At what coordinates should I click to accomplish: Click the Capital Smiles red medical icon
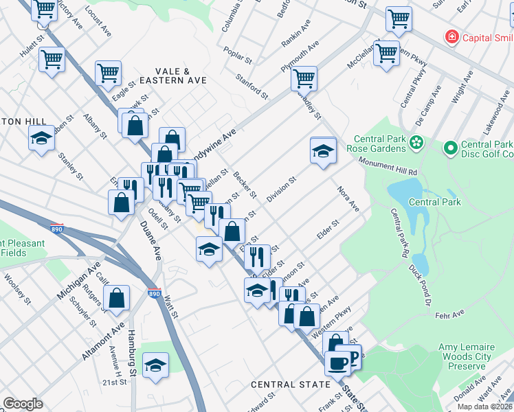(x=451, y=36)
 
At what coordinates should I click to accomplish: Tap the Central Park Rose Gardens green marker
(x=415, y=143)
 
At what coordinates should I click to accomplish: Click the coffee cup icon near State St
(x=337, y=361)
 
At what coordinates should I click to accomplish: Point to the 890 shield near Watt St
(x=155, y=293)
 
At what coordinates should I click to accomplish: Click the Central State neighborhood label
(x=290, y=385)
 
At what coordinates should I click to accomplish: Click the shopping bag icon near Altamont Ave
(x=118, y=298)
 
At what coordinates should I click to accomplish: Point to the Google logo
(x=23, y=404)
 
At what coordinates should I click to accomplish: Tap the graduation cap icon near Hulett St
(x=41, y=137)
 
